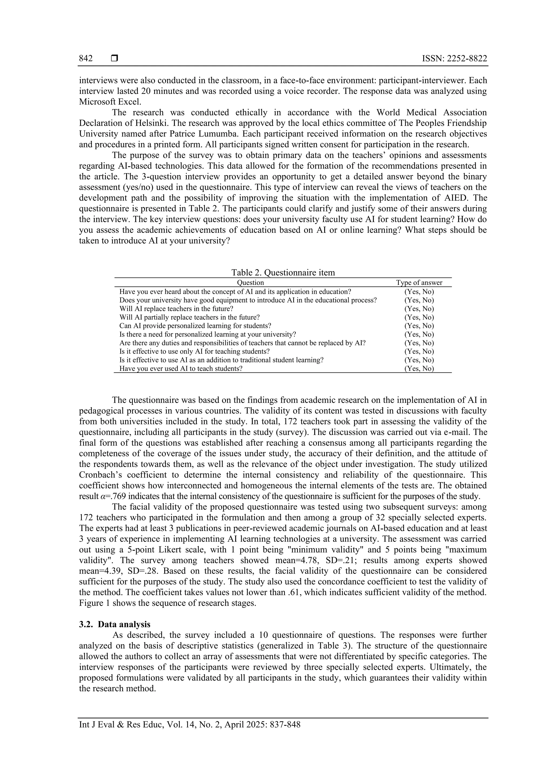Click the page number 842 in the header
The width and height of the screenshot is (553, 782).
(86, 59)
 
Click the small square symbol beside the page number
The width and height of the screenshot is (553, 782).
(114, 59)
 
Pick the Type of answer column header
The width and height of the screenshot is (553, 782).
(419, 282)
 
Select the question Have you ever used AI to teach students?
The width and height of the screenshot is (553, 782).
(181, 368)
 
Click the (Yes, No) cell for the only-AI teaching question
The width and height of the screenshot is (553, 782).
(419, 351)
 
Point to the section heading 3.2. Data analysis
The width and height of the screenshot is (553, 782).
(114, 624)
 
